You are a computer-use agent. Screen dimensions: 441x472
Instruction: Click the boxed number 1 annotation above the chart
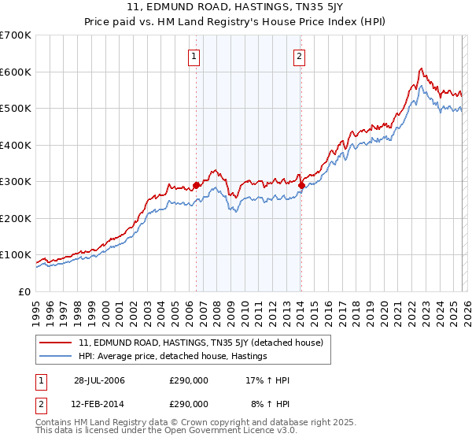(194, 56)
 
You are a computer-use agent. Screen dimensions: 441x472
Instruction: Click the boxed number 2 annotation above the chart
(300, 56)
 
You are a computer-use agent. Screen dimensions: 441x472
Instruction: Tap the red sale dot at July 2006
(196, 185)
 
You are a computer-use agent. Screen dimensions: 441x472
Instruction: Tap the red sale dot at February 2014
(301, 185)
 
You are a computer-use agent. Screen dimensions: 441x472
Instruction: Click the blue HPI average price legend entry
(173, 357)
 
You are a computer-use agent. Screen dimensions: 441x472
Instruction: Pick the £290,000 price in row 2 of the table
(189, 403)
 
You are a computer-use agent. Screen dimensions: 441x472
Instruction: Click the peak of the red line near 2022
(421, 69)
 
